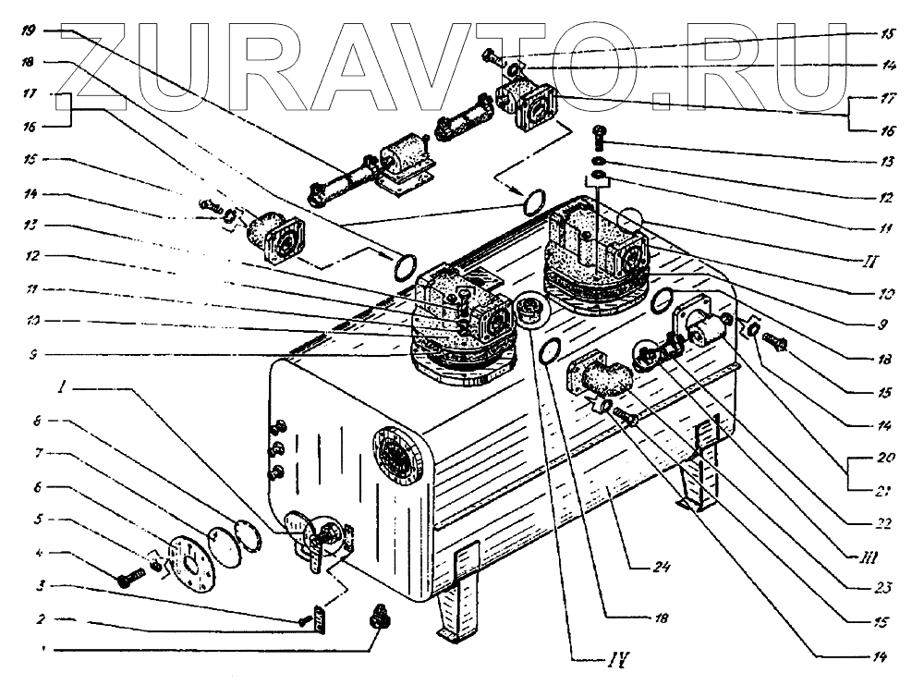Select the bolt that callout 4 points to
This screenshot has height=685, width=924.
(x=128, y=579)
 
